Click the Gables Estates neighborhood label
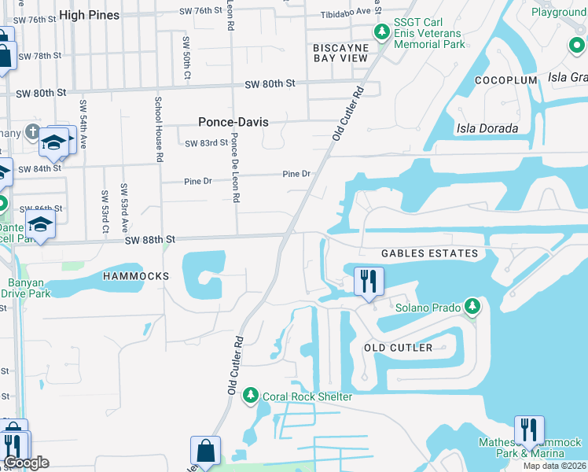point(429,253)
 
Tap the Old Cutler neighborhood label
point(398,348)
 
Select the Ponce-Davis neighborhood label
point(233,122)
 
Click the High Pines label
point(89,15)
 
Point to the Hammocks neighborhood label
point(136,277)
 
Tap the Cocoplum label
point(505,80)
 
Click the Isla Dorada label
point(487,128)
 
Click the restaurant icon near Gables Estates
point(368,280)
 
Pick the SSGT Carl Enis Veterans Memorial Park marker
point(382,32)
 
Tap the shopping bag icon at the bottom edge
point(205,452)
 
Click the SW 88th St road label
point(148,238)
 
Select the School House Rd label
point(159,129)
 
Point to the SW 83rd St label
point(206,143)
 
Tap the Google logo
point(27,463)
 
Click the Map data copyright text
point(555,466)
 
